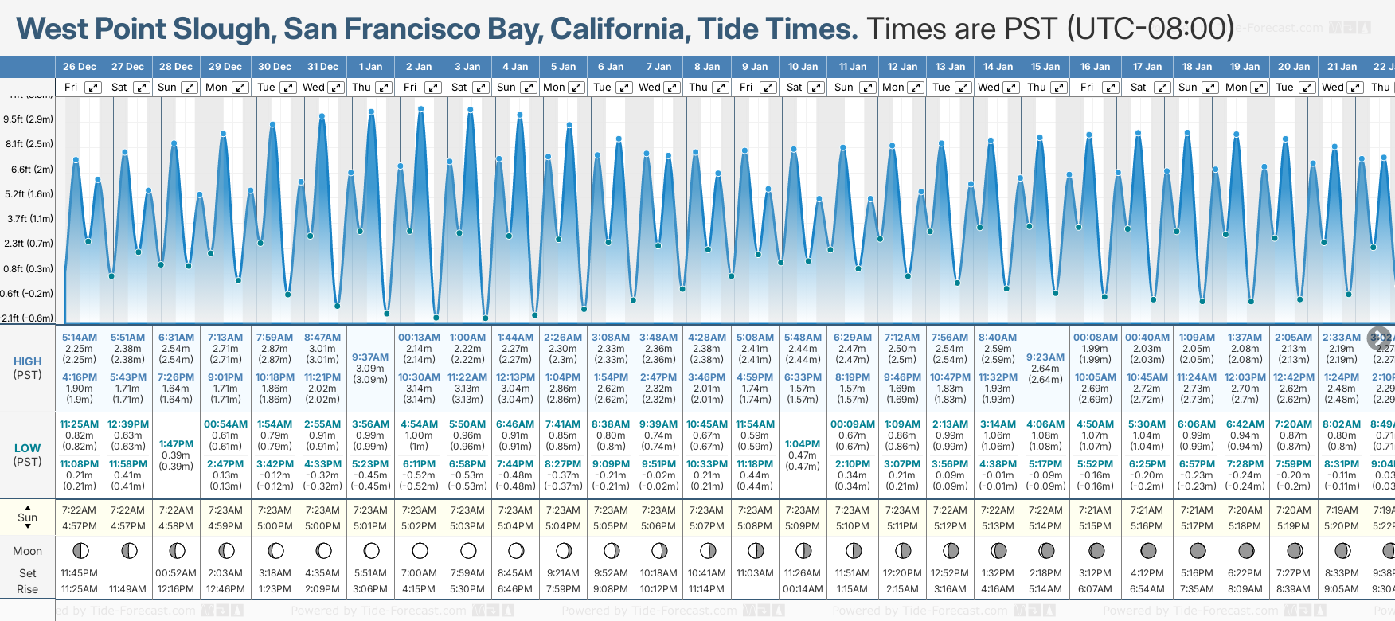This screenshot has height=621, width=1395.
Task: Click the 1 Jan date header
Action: point(370,67)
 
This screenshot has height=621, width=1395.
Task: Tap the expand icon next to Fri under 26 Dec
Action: point(93,88)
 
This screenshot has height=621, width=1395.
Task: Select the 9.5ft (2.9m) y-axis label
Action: point(29,119)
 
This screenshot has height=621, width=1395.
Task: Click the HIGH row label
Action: point(28,361)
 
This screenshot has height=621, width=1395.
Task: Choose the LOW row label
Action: point(28,448)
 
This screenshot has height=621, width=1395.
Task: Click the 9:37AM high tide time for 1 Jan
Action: point(370,357)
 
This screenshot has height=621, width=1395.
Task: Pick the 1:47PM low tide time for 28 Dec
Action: point(176,444)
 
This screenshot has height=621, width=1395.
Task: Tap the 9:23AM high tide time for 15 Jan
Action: point(1045,357)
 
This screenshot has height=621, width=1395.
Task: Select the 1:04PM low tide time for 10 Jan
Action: point(803,444)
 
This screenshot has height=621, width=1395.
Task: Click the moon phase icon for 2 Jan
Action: point(420,550)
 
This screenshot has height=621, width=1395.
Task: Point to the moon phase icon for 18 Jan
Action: point(1197,550)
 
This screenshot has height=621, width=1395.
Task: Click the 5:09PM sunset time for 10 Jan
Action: point(803,526)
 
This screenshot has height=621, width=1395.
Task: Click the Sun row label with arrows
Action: point(28,517)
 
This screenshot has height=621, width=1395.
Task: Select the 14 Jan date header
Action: point(998,67)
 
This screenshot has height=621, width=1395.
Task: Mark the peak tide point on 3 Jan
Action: point(471,110)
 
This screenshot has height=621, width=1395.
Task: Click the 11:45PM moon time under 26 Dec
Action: point(80,573)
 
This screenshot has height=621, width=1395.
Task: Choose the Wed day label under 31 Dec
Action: point(314,88)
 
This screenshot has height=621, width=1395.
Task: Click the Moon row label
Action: point(28,551)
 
